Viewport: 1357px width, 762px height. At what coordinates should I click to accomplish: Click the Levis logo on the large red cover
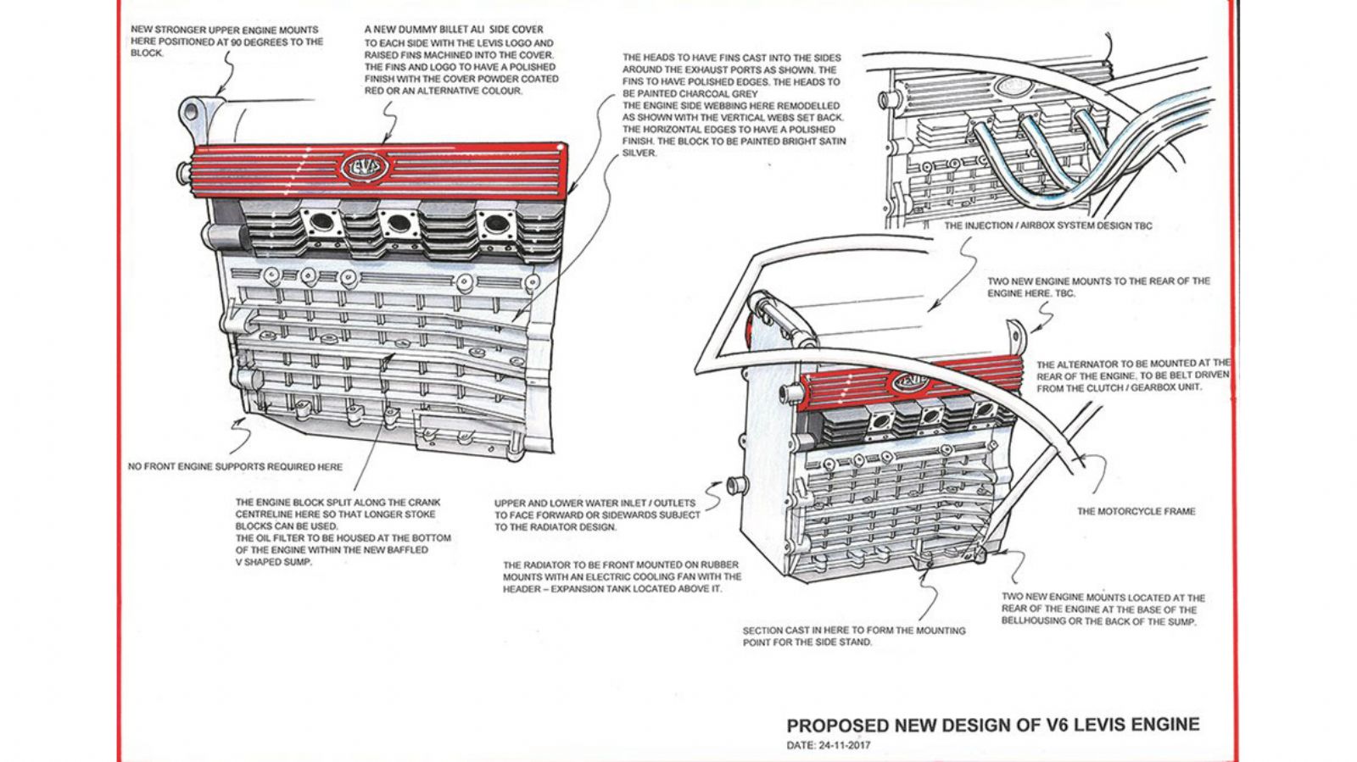click(366, 166)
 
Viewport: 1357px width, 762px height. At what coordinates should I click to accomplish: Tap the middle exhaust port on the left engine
click(395, 225)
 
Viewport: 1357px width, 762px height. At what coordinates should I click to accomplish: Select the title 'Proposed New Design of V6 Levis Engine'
click(992, 726)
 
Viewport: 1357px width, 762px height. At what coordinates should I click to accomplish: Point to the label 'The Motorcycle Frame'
click(1136, 511)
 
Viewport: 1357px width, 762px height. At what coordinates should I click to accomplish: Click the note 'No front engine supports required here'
click(235, 466)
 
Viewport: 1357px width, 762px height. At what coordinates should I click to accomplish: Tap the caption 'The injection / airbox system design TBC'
click(1047, 225)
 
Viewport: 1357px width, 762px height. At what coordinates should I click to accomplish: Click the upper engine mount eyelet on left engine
click(192, 111)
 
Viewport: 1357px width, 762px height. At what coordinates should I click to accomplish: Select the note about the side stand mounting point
click(853, 637)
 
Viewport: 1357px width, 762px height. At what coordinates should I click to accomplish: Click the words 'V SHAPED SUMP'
click(274, 562)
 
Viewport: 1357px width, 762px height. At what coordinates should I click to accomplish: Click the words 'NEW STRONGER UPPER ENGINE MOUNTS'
click(225, 30)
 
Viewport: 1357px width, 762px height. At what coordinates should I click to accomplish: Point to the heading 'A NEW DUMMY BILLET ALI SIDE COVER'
click(454, 30)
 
